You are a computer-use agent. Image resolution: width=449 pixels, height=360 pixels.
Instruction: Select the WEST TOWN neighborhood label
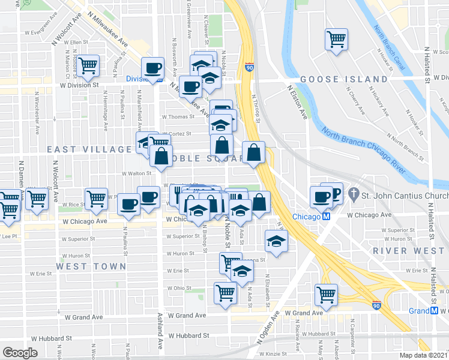pyautogui.click(x=92, y=266)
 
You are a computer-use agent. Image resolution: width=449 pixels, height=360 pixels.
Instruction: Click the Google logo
pyautogui.click(x=20, y=352)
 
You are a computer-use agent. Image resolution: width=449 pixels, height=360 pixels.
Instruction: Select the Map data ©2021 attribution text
pyautogui.click(x=424, y=355)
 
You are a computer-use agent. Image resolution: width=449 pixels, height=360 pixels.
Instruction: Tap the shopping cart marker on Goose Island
pyautogui.click(x=336, y=40)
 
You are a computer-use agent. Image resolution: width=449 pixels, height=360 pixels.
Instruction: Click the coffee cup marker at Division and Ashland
pyautogui.click(x=152, y=68)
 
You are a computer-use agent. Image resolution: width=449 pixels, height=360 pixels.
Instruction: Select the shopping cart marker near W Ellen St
pyautogui.click(x=88, y=65)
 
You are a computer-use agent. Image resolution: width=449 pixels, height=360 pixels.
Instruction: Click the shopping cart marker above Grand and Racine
pyautogui.click(x=326, y=295)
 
